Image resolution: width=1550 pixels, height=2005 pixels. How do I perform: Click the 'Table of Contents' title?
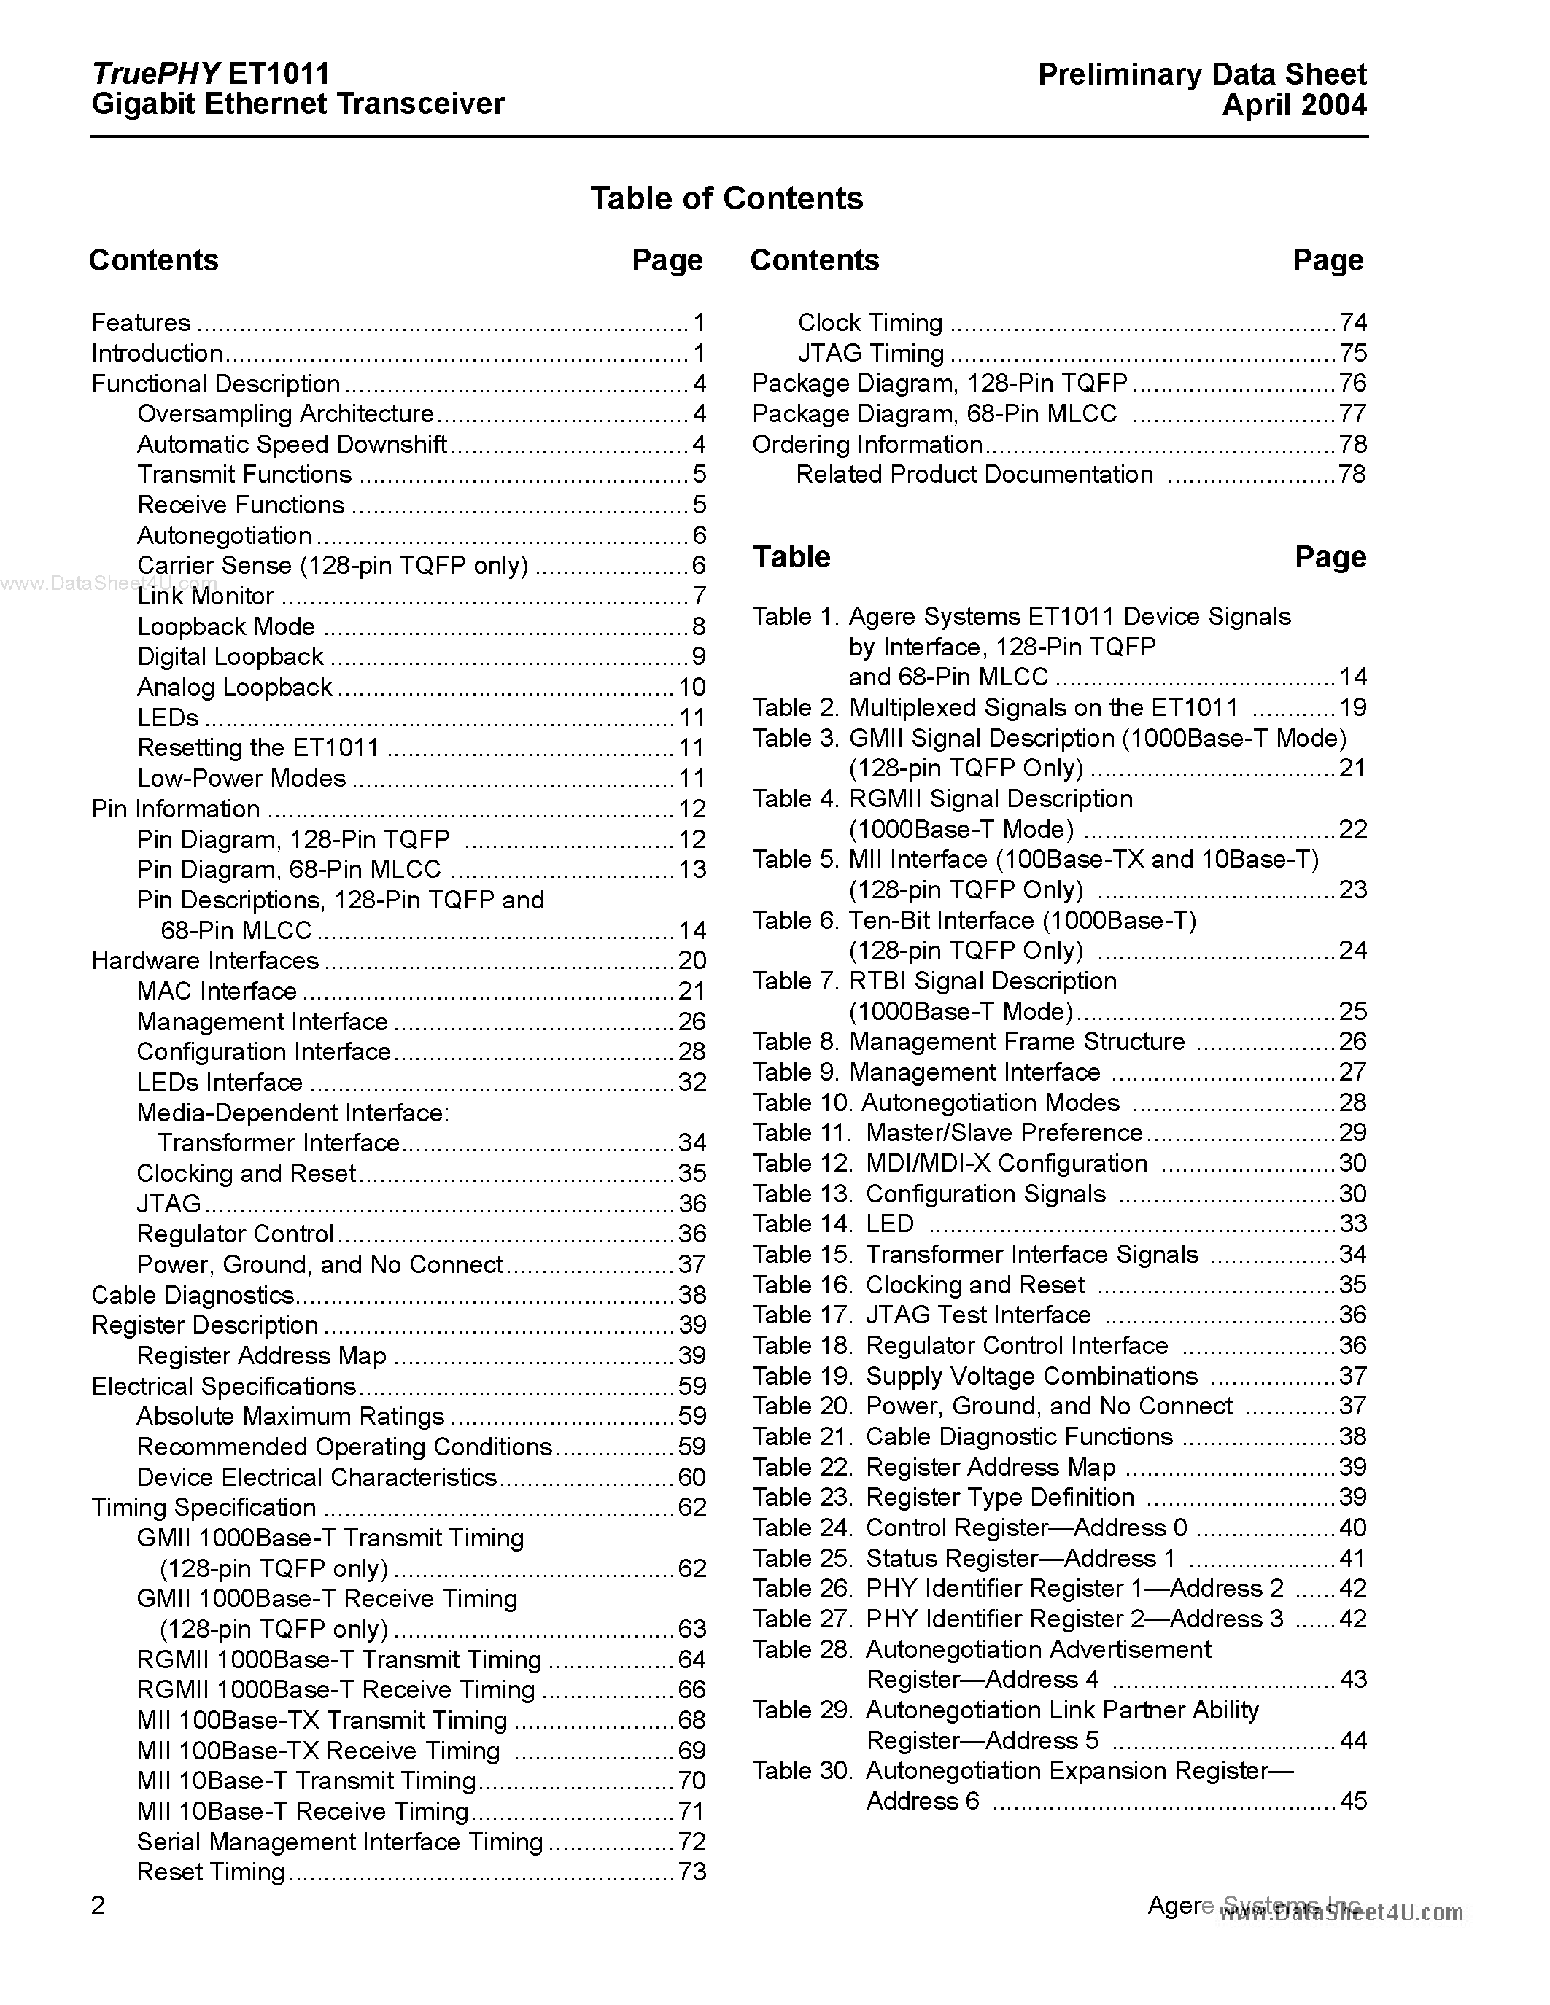[726, 198]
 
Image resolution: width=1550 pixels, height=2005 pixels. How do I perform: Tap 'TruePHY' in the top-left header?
[155, 74]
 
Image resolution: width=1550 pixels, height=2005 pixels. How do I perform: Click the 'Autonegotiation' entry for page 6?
[224, 535]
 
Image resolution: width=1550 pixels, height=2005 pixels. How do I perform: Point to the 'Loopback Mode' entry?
[226, 627]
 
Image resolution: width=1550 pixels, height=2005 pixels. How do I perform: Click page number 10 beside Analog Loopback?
[691, 688]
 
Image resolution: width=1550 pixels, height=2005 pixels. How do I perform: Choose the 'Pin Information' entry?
[175, 809]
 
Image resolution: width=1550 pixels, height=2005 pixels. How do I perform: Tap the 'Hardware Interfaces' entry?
[205, 961]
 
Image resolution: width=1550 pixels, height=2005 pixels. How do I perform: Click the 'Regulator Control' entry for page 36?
[235, 1234]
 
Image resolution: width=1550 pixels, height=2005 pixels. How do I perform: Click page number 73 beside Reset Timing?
[691, 1872]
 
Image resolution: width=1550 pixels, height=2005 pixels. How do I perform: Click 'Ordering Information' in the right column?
[867, 444]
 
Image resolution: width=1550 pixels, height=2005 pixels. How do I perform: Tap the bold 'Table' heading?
[791, 557]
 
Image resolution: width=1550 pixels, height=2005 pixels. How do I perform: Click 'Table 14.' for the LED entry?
[802, 1223]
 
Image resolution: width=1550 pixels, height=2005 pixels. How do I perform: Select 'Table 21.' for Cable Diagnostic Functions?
[802, 1437]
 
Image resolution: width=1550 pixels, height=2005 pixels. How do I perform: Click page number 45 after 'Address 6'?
[1352, 1801]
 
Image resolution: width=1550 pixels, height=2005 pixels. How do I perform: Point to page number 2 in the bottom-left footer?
[98, 1906]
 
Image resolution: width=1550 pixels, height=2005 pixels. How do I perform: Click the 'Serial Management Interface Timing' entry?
[340, 1842]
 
